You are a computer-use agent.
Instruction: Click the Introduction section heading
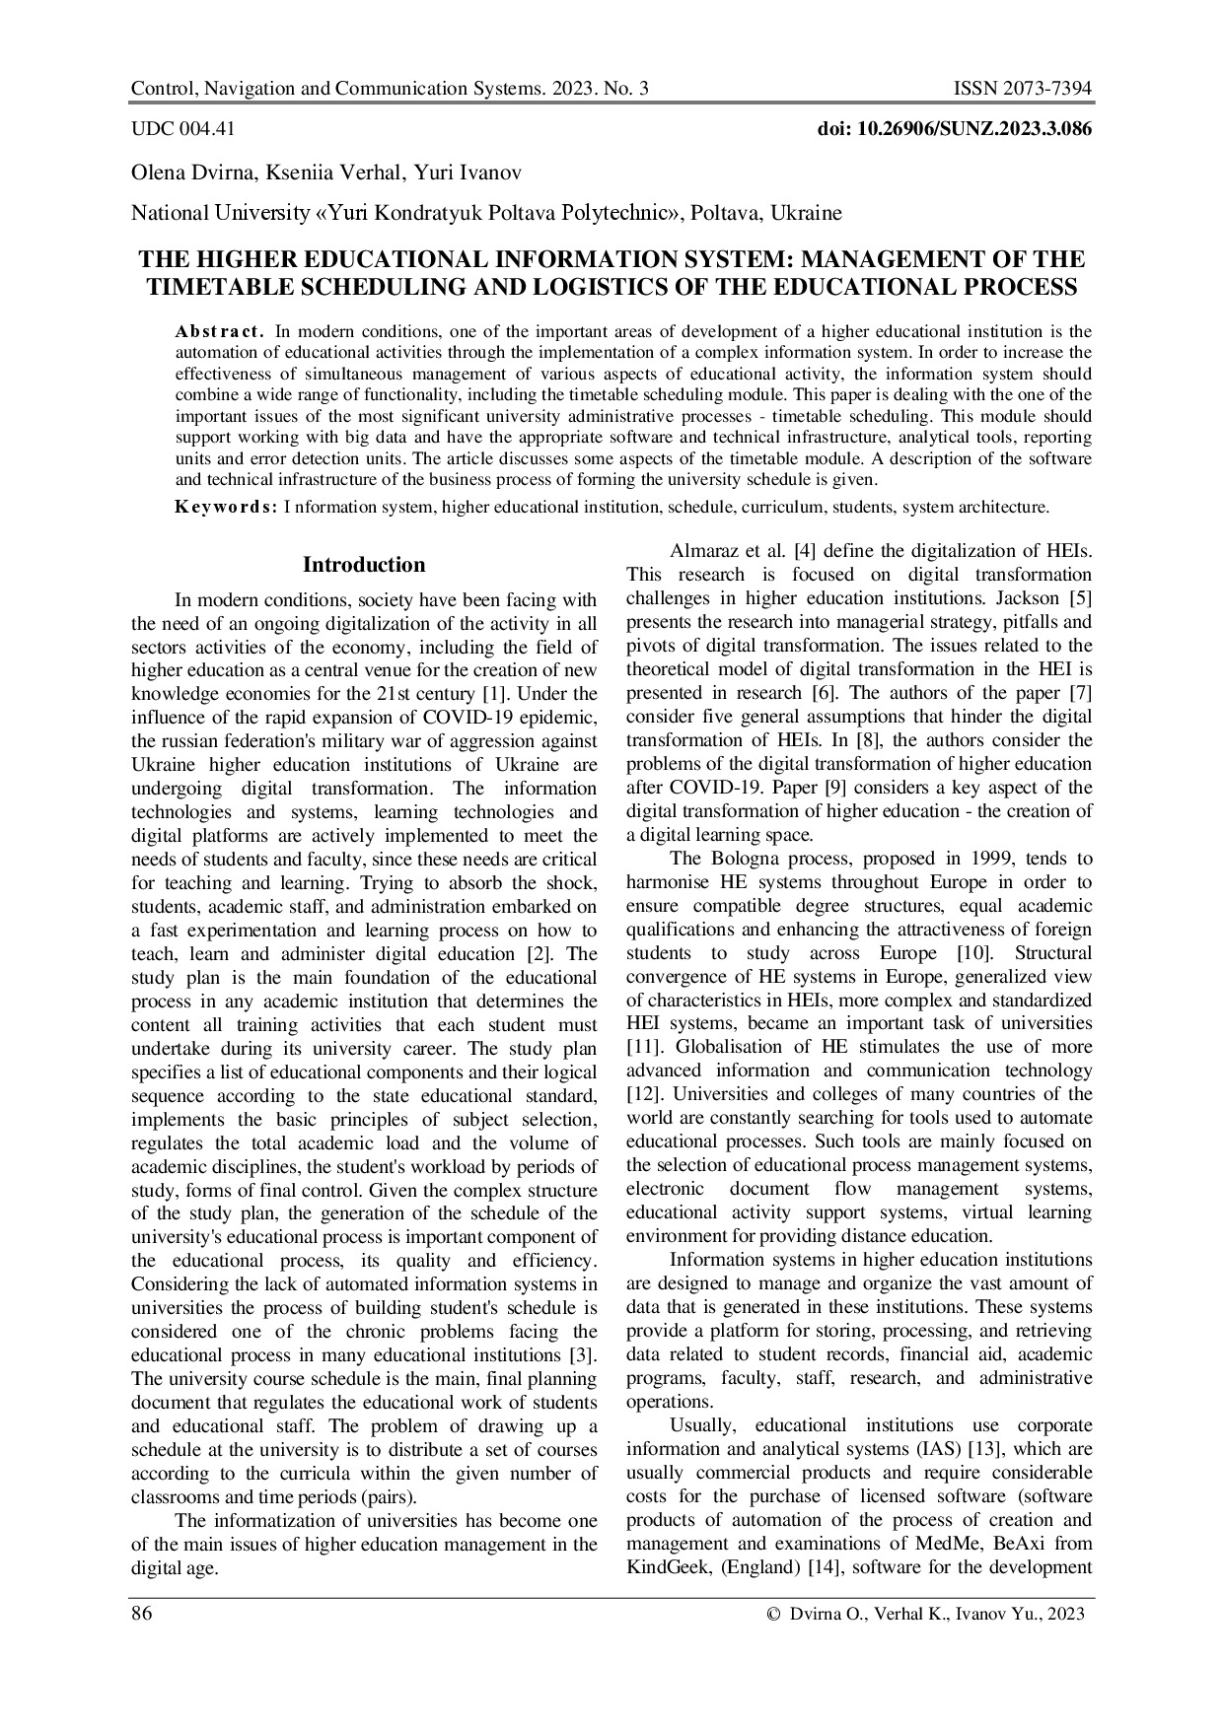364,565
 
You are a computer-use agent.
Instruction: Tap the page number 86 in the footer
142,1614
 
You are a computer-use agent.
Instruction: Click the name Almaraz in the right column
704,551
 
